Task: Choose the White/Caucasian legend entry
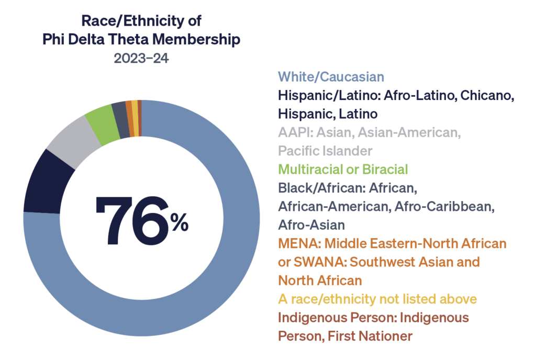[x=331, y=77]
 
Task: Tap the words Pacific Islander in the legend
[x=325, y=151]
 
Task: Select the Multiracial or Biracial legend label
[x=343, y=169]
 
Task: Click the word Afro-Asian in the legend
[x=311, y=225]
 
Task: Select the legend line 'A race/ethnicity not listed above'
[x=377, y=299]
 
